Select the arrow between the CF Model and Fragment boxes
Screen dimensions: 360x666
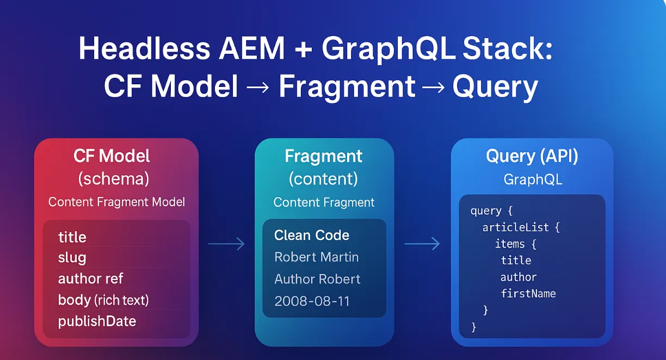tap(226, 245)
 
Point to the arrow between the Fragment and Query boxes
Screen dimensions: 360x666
tap(422, 245)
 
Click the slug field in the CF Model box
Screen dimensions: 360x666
tap(72, 258)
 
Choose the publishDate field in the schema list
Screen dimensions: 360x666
tap(97, 321)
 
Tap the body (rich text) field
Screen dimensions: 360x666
tap(103, 300)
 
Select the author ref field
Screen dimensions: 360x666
tap(90, 278)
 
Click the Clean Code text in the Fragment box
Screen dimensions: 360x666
tap(312, 235)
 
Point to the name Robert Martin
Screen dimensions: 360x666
tap(316, 257)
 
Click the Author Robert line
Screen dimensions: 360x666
tap(317, 279)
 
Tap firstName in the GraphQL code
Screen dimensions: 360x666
tap(528, 294)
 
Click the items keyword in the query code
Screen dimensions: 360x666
tap(510, 244)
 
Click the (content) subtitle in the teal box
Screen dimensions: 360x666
tap(323, 178)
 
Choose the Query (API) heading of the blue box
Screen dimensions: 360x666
tap(532, 157)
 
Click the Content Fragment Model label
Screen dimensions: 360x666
tap(116, 202)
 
